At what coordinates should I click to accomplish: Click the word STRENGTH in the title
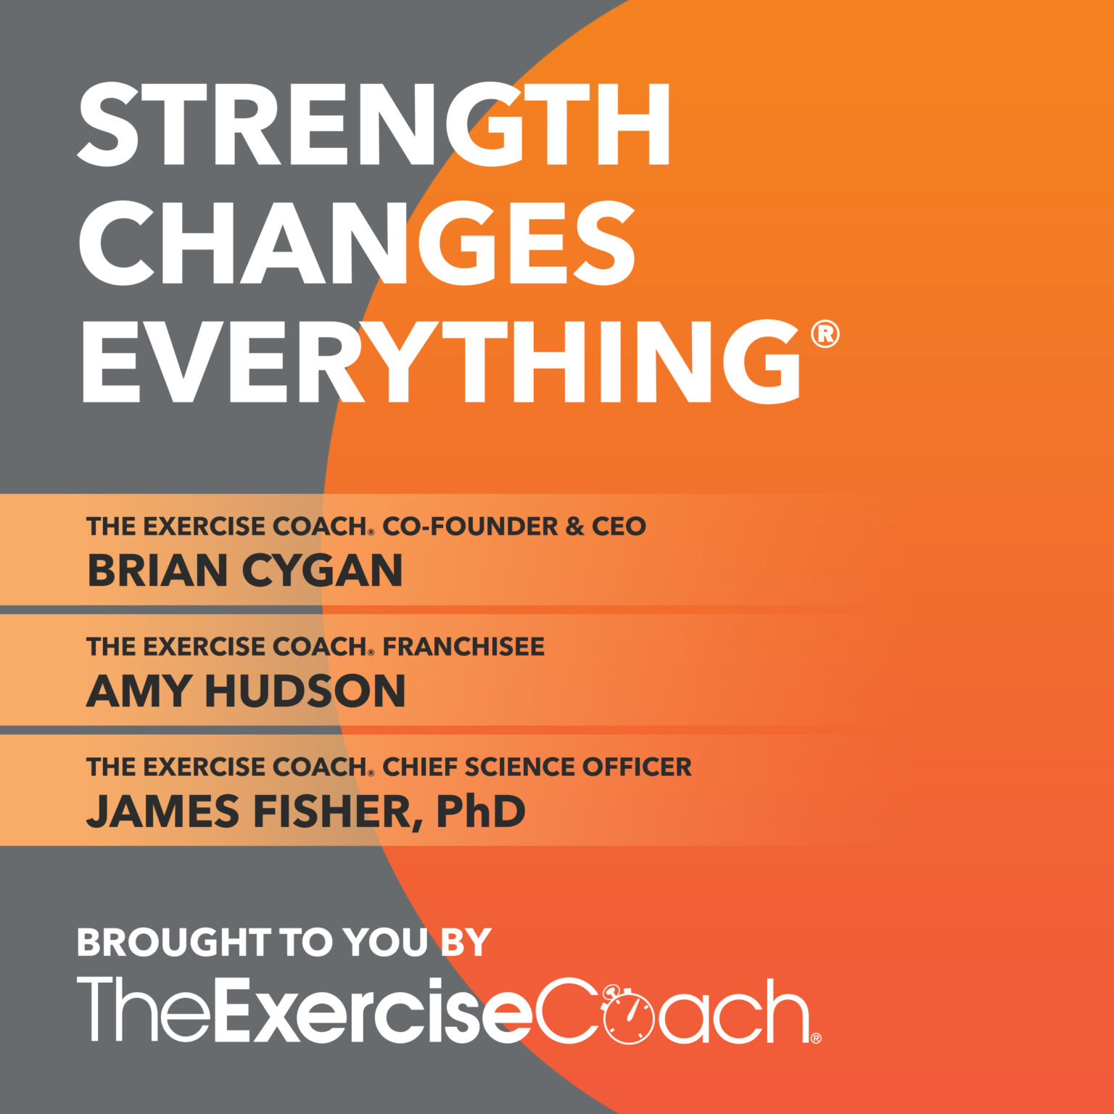tap(374, 125)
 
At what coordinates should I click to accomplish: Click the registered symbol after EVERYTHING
tap(825, 334)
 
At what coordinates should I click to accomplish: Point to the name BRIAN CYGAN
tap(244, 570)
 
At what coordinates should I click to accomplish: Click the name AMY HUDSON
tap(245, 690)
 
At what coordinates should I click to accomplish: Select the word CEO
tap(618, 526)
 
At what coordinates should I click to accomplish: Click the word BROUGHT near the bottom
tap(173, 942)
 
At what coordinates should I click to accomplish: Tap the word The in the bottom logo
tap(143, 1010)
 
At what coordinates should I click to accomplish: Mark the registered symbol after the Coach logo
tap(816, 1038)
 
